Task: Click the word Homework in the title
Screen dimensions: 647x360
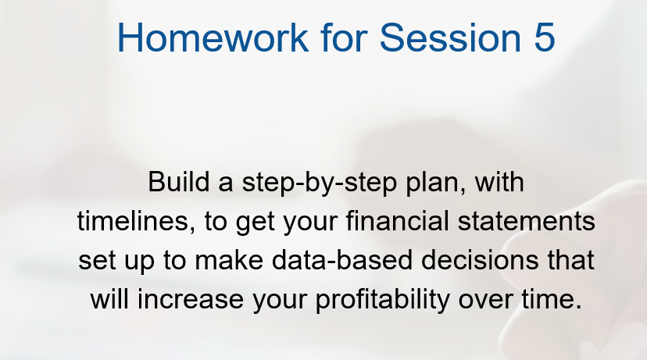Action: pos(213,37)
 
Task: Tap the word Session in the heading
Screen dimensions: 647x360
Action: pos(450,37)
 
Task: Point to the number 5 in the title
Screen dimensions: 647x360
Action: pos(545,37)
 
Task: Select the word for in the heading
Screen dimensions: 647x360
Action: pos(344,37)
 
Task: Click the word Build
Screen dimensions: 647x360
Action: pos(179,182)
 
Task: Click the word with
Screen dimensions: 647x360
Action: pos(499,182)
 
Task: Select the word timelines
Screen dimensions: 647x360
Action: pos(136,221)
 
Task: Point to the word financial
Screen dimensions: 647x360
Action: pos(398,221)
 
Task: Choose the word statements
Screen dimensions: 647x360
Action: pos(526,221)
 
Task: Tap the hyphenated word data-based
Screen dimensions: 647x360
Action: pos(342,260)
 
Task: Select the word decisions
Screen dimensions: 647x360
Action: pos(480,260)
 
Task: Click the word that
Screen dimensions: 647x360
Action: pos(570,260)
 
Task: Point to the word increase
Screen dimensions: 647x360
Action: pos(191,299)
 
